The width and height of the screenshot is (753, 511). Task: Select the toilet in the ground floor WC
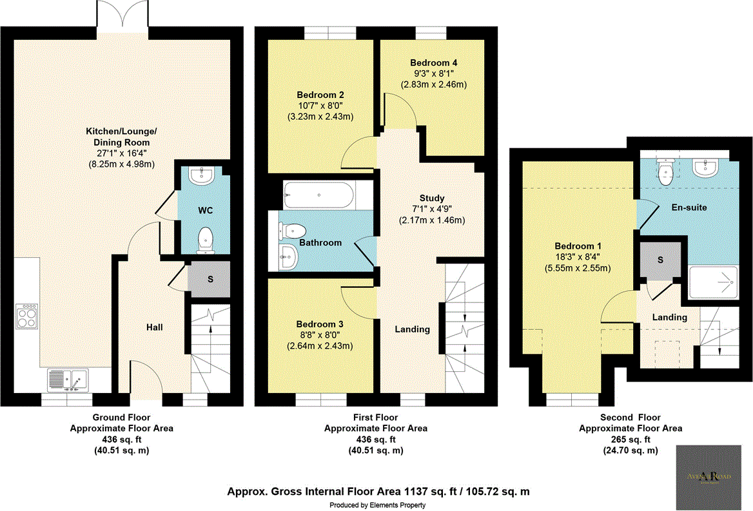(x=206, y=239)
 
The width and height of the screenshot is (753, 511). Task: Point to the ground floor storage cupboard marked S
(x=209, y=280)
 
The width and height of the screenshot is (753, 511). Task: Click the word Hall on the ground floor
(x=153, y=327)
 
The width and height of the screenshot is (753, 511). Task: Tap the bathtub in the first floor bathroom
(x=319, y=195)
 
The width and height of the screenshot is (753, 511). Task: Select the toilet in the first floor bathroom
(x=293, y=229)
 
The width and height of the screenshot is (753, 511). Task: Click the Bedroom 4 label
(x=433, y=63)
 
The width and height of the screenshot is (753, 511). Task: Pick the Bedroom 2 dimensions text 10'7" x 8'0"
(x=320, y=106)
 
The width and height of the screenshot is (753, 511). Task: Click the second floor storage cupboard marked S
(x=660, y=259)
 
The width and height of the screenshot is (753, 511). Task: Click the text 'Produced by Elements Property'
(x=377, y=505)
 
